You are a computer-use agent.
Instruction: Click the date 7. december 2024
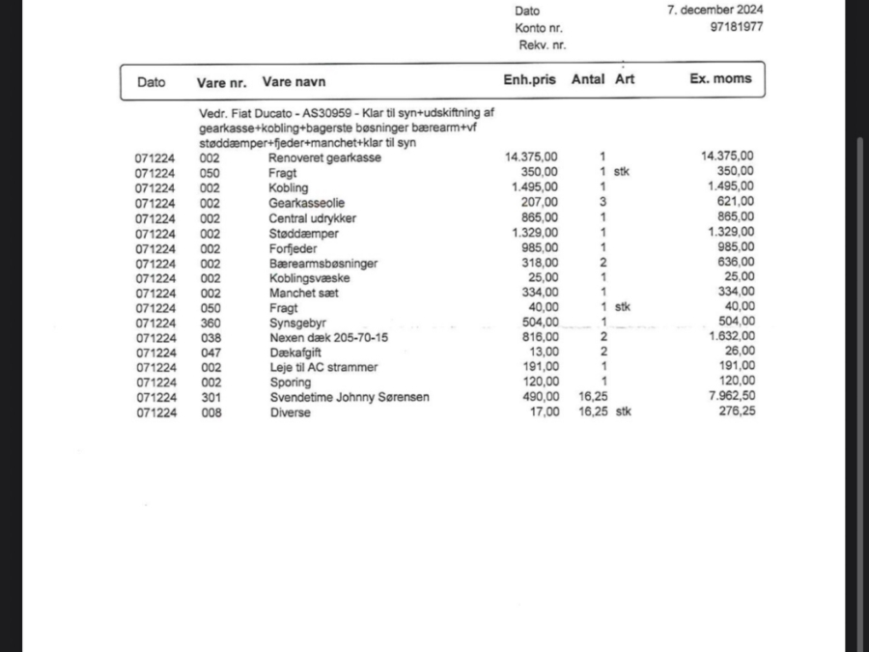(715, 10)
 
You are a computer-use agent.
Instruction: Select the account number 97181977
(736, 27)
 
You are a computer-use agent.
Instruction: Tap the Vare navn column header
(294, 82)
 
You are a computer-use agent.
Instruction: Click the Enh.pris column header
(529, 80)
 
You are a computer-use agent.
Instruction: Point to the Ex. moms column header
(720, 79)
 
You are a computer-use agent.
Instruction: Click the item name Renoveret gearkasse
(324, 157)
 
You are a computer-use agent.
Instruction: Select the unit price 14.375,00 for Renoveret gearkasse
(531, 156)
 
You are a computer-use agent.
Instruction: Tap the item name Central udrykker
(308, 217)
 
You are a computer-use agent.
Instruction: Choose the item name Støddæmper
(303, 233)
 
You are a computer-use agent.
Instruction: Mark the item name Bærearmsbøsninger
(322, 263)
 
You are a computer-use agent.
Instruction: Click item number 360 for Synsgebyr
(210, 323)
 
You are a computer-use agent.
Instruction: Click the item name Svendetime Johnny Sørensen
(349, 397)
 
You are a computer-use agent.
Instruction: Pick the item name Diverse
(290, 412)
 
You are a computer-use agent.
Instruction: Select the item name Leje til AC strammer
(322, 367)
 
